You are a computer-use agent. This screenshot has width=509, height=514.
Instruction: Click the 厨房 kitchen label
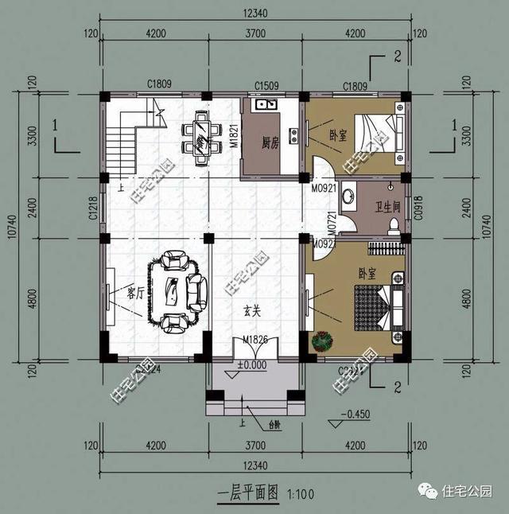click(269, 145)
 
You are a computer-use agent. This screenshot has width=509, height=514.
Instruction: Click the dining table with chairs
click(203, 136)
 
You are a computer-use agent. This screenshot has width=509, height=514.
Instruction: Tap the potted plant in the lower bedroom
click(323, 341)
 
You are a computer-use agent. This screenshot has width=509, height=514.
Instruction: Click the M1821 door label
click(235, 135)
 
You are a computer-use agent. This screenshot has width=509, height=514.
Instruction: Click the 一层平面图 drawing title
click(248, 493)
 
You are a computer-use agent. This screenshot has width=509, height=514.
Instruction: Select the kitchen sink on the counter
click(263, 104)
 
